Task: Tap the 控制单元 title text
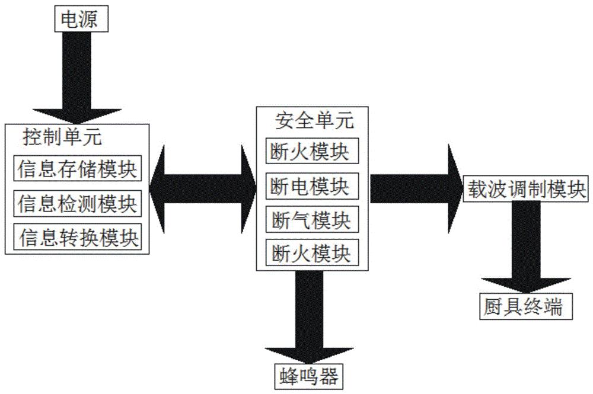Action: (x=62, y=137)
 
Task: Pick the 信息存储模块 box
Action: (x=78, y=170)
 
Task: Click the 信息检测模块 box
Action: (x=78, y=204)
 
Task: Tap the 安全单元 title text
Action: (x=315, y=121)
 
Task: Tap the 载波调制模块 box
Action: (x=524, y=189)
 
